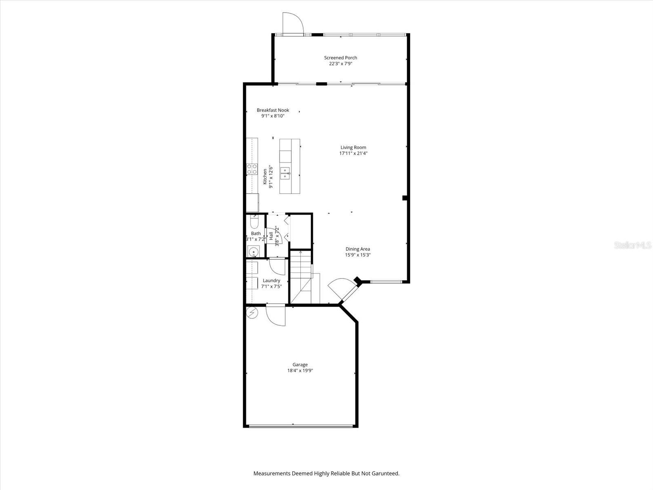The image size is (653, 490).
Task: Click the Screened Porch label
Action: coord(340,58)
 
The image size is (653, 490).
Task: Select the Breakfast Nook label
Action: coord(273,110)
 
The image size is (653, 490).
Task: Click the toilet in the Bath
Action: coord(254,222)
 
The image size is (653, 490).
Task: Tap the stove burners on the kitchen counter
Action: coord(252,169)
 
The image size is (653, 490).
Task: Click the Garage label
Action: coord(300,365)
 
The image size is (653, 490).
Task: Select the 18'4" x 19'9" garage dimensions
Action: coord(300,371)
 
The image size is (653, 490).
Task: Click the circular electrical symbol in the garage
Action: coord(252,312)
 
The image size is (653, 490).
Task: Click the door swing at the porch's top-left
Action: coord(292,22)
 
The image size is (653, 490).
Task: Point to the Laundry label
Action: coord(271,281)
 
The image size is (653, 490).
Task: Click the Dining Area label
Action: coord(358,249)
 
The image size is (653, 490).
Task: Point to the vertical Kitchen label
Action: coord(264,176)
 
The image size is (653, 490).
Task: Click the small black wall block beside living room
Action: coord(405,198)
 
